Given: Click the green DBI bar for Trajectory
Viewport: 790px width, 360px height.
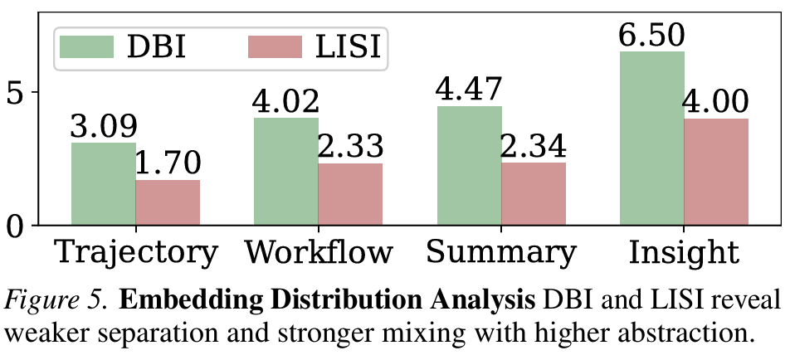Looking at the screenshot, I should pyautogui.click(x=104, y=184).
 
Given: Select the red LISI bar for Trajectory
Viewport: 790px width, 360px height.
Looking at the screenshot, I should pyautogui.click(x=168, y=202).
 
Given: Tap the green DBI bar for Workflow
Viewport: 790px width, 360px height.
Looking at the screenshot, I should pyautogui.click(x=286, y=172).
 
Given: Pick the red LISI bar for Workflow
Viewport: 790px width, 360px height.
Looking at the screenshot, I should pyautogui.click(x=350, y=194).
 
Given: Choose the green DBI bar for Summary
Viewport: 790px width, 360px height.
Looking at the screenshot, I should pyautogui.click(x=469, y=166).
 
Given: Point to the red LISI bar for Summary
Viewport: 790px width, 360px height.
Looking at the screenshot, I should pyautogui.click(x=534, y=194).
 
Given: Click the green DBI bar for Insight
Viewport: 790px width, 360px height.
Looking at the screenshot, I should pyautogui.click(x=651, y=139).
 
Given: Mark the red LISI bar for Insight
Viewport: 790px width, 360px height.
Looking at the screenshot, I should pyautogui.click(x=716, y=172).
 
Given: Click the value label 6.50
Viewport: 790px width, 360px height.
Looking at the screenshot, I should pyautogui.click(x=651, y=36).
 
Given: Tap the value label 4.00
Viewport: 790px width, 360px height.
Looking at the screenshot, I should pyautogui.click(x=716, y=103).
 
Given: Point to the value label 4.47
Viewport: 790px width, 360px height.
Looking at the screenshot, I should pyautogui.click(x=469, y=90).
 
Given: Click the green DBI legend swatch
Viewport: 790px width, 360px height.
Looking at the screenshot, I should pyautogui.click(x=85, y=47).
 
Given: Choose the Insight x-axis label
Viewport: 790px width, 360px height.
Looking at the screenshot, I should pyautogui.click(x=684, y=252).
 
